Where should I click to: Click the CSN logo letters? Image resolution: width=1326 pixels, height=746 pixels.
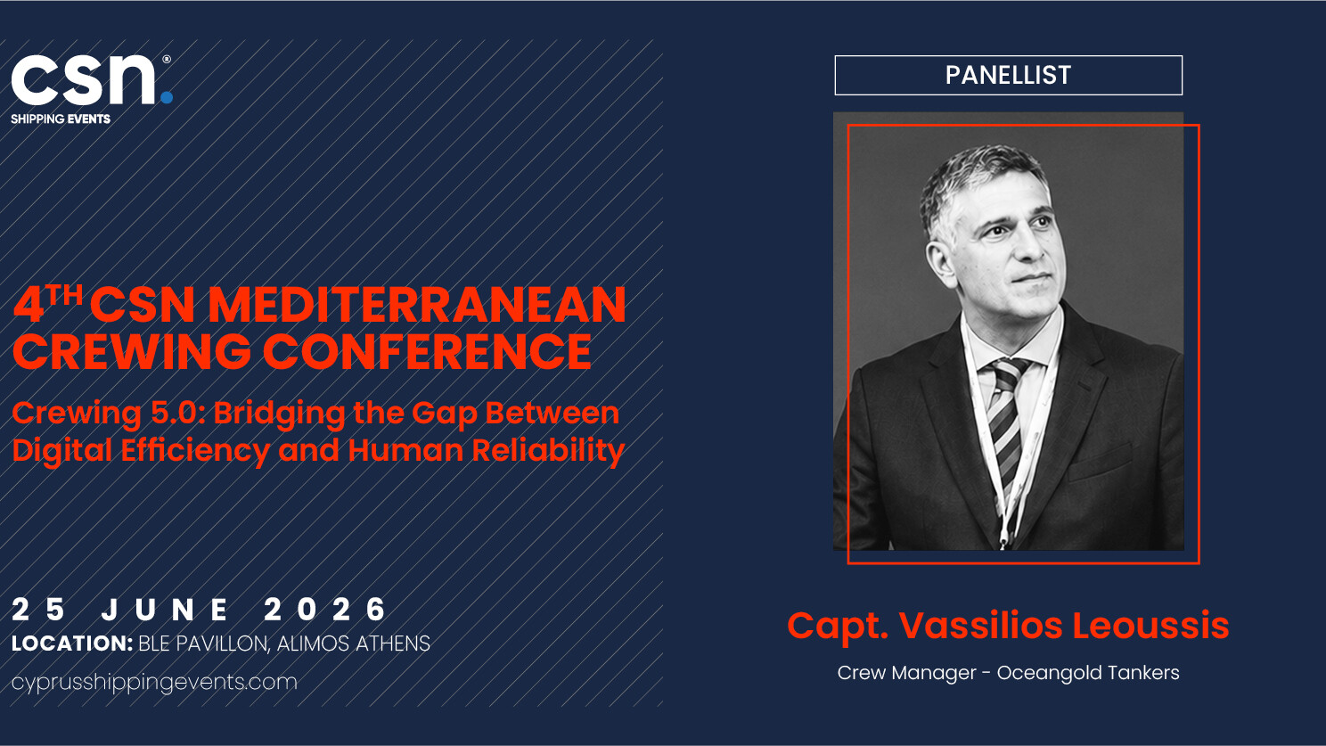point(84,79)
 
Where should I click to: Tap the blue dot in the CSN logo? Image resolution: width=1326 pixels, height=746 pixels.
point(167,97)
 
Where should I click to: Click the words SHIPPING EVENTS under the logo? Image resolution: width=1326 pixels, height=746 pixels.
point(61,119)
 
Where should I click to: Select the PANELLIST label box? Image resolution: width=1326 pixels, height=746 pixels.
point(1008,75)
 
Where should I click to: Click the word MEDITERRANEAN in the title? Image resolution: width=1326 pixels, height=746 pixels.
point(417,306)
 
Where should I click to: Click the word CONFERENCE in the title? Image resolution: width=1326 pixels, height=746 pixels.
point(427,352)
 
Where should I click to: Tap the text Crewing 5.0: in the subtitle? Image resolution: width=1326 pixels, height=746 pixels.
point(109,414)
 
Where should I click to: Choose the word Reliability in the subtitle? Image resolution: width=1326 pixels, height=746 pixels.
point(548,451)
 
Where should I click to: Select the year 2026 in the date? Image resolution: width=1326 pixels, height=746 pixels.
point(325,610)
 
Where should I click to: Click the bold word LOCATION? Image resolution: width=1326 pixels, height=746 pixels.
point(72,644)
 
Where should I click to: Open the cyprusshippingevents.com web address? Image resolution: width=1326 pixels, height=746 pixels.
point(154,682)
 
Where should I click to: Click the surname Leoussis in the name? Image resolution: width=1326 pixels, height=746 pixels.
point(1150,625)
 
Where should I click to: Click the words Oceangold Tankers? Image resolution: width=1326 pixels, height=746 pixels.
point(1088,673)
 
